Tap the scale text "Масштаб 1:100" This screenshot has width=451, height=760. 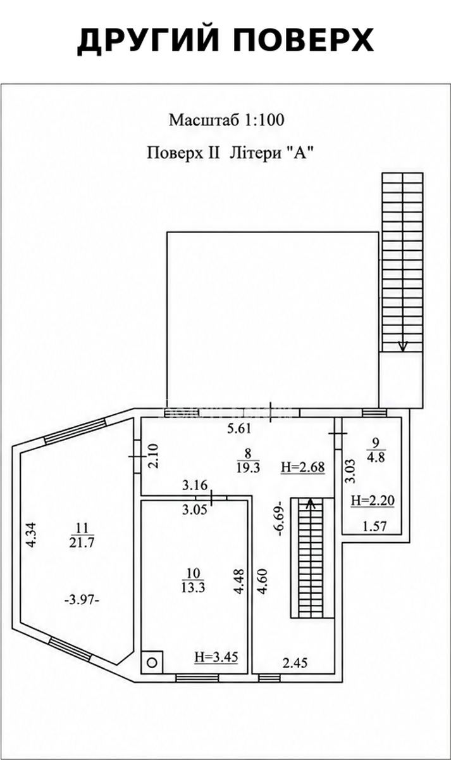pos(226,120)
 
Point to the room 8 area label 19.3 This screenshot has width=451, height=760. pos(248,467)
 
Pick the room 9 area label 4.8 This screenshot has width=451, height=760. pos(376,457)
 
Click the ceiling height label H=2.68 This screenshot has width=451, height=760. pos(303,467)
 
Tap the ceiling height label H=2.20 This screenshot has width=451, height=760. pos(373,500)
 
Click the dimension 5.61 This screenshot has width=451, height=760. pos(239,429)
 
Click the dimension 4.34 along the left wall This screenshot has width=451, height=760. pos(31,535)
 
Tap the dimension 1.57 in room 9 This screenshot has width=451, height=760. pos(374,526)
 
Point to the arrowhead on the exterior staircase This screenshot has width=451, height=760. pos(402,346)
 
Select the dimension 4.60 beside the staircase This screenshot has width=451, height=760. pos(263,581)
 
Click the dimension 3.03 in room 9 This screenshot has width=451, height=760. pos(350,471)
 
